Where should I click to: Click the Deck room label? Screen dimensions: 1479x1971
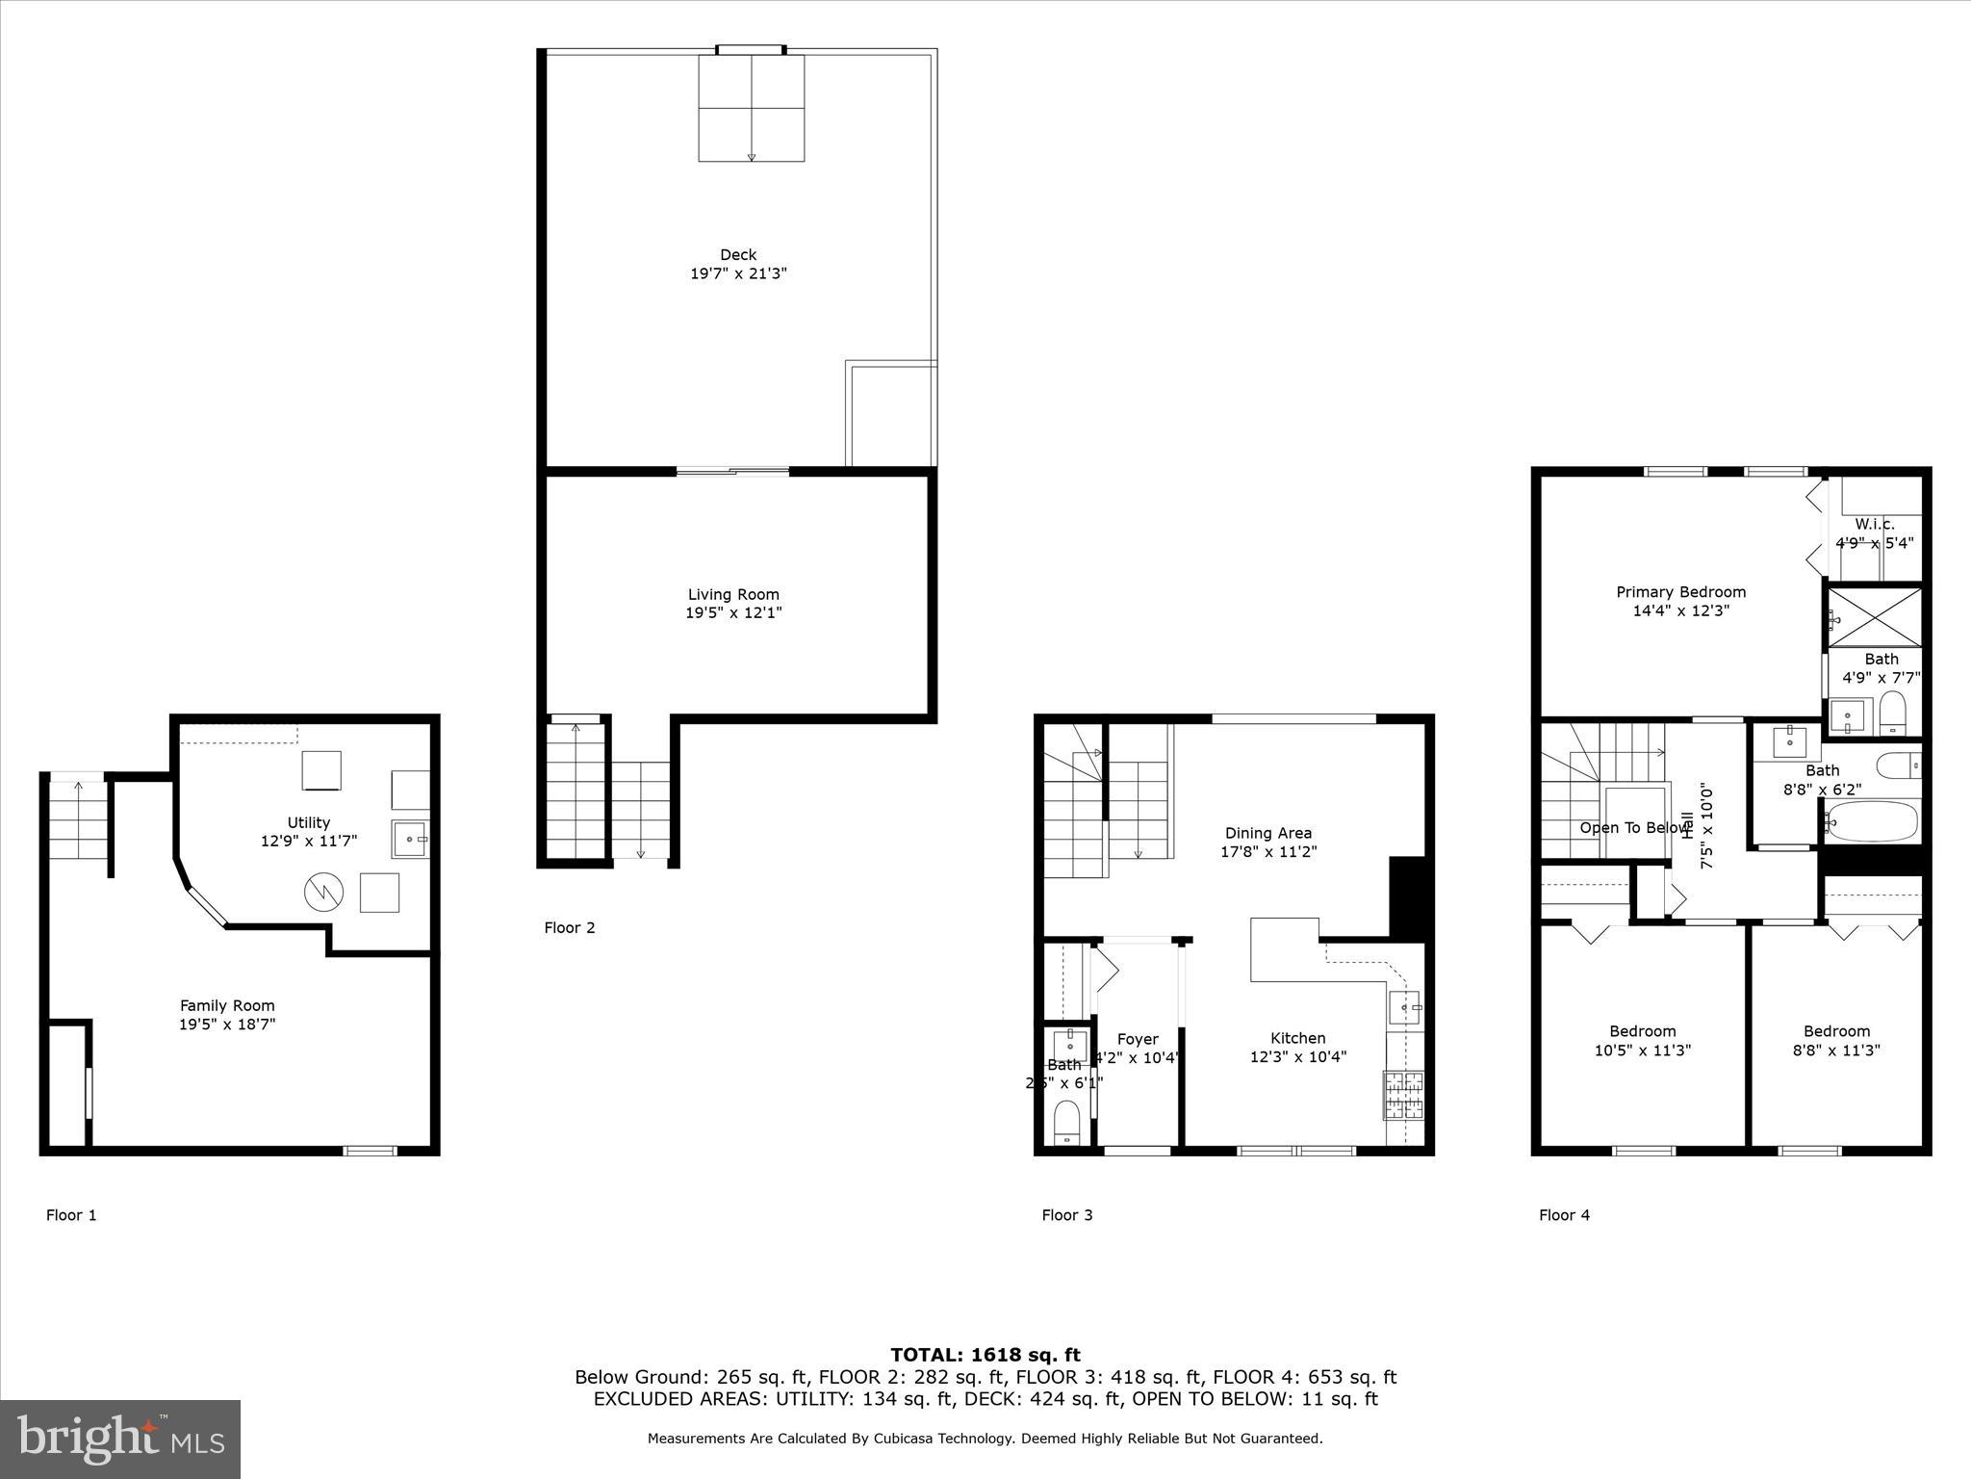coord(738,255)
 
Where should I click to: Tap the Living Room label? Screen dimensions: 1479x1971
coord(733,595)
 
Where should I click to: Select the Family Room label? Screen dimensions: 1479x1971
coord(227,1006)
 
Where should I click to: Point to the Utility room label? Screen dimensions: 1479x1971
coord(309,823)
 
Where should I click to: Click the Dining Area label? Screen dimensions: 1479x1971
coord(1268,834)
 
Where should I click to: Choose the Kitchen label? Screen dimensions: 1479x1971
coord(1298,1038)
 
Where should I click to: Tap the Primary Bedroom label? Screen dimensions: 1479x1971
coord(1680,593)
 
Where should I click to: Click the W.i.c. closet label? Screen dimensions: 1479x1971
coord(1875,525)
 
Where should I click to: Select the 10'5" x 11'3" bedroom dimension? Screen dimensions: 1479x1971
coord(1643,1051)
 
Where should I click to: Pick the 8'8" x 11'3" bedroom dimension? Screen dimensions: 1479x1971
coord(1836,1051)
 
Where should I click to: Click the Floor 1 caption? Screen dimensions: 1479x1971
coord(71,1215)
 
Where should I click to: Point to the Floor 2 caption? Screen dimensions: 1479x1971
coord(570,928)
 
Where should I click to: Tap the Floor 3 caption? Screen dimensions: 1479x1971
coord(1067,1215)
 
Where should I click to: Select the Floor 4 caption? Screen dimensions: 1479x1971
coord(1564,1215)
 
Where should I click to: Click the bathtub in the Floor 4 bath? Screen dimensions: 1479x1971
coord(1873,821)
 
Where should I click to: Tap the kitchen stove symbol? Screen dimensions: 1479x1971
coord(1403,1096)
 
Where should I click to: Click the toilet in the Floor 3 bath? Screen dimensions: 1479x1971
coord(1066,1122)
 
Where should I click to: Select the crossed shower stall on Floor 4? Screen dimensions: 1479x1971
coord(1875,617)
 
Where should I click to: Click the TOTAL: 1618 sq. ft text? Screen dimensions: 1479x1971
coord(985,1356)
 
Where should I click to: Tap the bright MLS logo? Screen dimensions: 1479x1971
coord(120,1439)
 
